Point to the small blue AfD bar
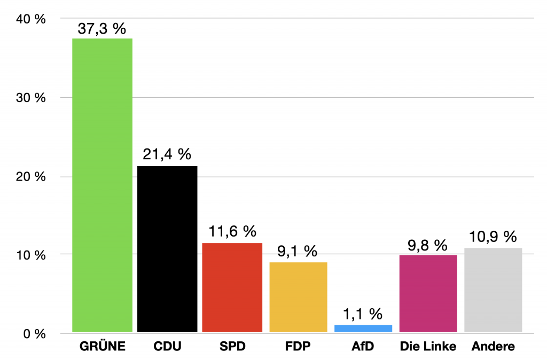tap(363, 328)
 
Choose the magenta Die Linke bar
tap(428, 294)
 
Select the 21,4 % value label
tap(167, 155)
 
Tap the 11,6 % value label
tap(232, 232)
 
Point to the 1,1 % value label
tap(363, 314)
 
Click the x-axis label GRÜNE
tap(102, 347)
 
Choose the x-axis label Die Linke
tap(428, 347)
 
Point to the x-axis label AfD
tap(363, 347)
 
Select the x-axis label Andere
tap(493, 347)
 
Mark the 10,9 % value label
tap(493, 237)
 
